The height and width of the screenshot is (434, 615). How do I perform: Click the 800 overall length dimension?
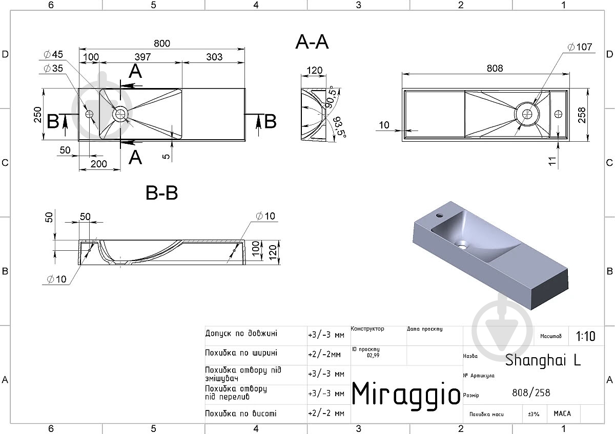pyautogui.click(x=162, y=44)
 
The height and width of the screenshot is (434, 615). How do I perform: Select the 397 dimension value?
pyautogui.click(x=142, y=57)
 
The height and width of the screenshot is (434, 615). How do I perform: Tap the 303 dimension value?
pyautogui.click(x=214, y=57)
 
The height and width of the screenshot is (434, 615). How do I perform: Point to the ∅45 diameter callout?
pyautogui.click(x=53, y=54)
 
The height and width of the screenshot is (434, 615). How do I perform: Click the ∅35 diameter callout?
pyautogui.click(x=53, y=68)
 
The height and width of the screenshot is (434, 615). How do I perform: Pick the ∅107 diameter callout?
pyautogui.click(x=580, y=47)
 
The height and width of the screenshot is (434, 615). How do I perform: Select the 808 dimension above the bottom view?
pyautogui.click(x=495, y=68)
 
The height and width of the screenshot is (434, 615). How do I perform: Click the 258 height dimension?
pyautogui.click(x=582, y=115)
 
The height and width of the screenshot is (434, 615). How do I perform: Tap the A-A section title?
pyautogui.click(x=312, y=42)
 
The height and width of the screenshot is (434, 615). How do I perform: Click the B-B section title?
pyautogui.click(x=162, y=193)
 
